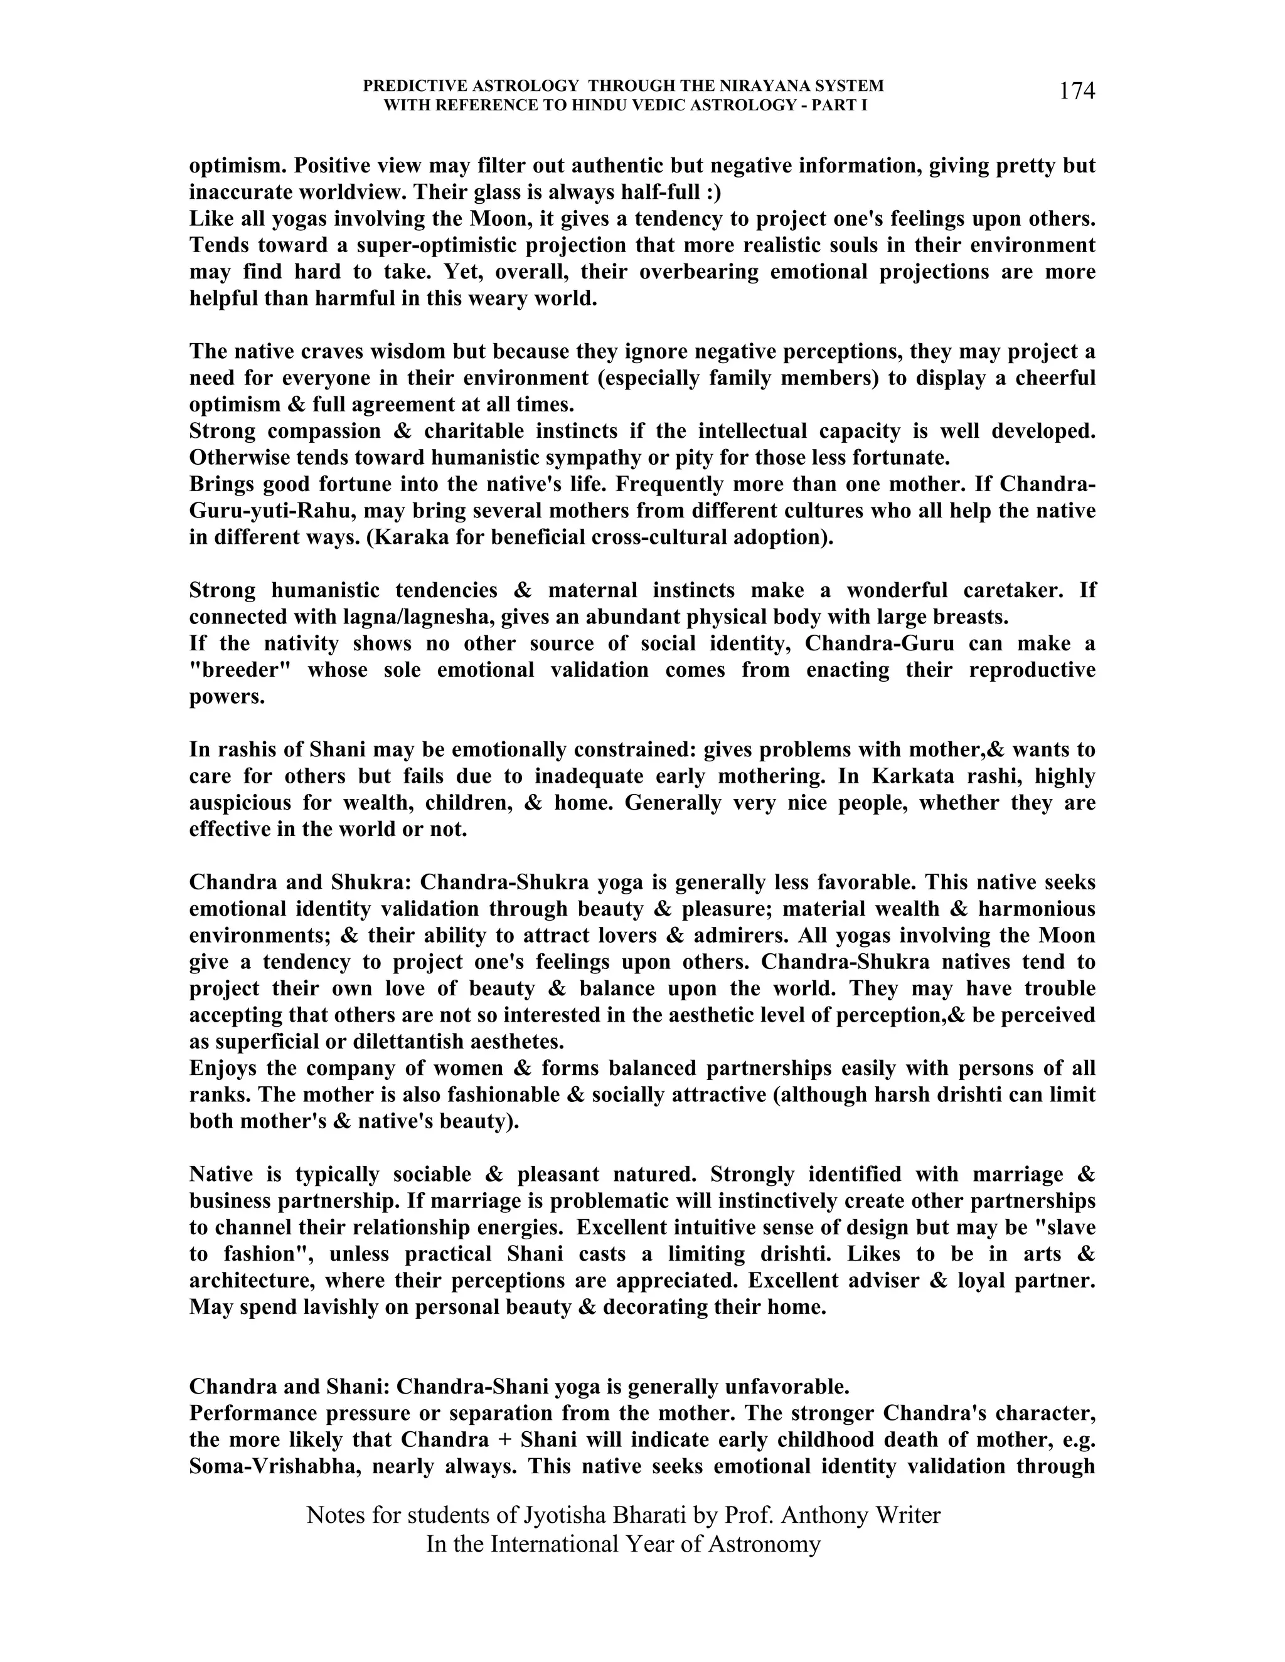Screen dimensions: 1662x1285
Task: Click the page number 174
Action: point(1077,92)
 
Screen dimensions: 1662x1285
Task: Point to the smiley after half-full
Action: point(711,193)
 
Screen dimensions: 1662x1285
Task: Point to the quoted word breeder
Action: point(242,670)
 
